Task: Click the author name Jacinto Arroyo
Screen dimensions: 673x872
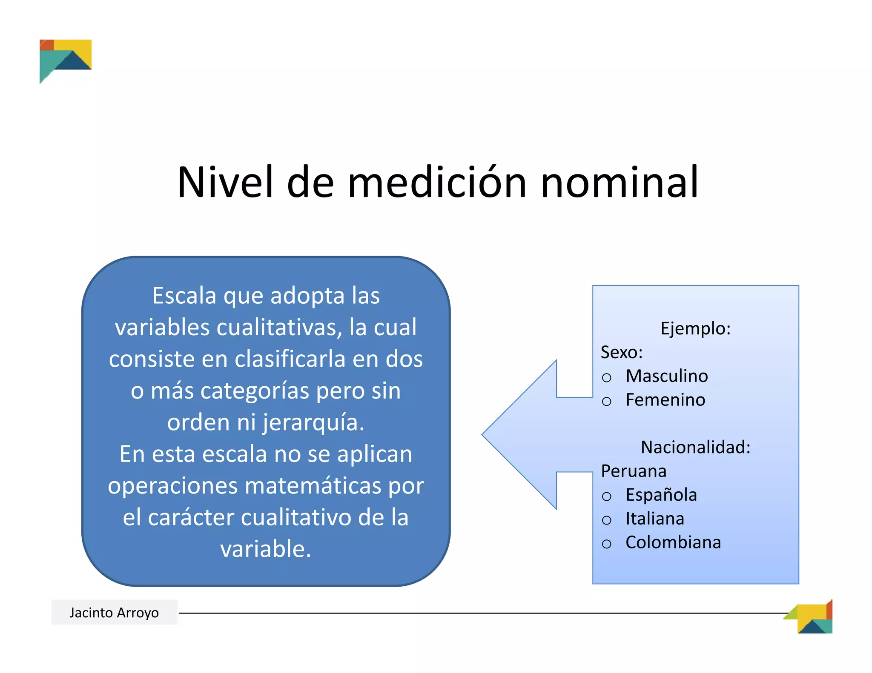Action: [x=114, y=613]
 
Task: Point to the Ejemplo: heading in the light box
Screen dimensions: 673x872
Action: [x=695, y=328]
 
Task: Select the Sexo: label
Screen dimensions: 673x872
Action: [x=622, y=352]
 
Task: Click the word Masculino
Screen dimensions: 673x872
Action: [x=667, y=376]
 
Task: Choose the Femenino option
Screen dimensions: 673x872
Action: [x=665, y=400]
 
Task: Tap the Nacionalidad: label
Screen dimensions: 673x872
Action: [x=695, y=447]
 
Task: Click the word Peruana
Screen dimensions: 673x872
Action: [x=634, y=471]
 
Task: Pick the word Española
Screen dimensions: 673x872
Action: [x=661, y=495]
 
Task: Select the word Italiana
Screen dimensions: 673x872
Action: [x=655, y=519]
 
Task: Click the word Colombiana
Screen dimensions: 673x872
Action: [x=673, y=542]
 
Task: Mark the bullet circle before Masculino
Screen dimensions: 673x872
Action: [x=607, y=377]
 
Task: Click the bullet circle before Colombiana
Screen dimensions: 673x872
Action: [x=607, y=544]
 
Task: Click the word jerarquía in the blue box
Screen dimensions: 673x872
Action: [x=313, y=422]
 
